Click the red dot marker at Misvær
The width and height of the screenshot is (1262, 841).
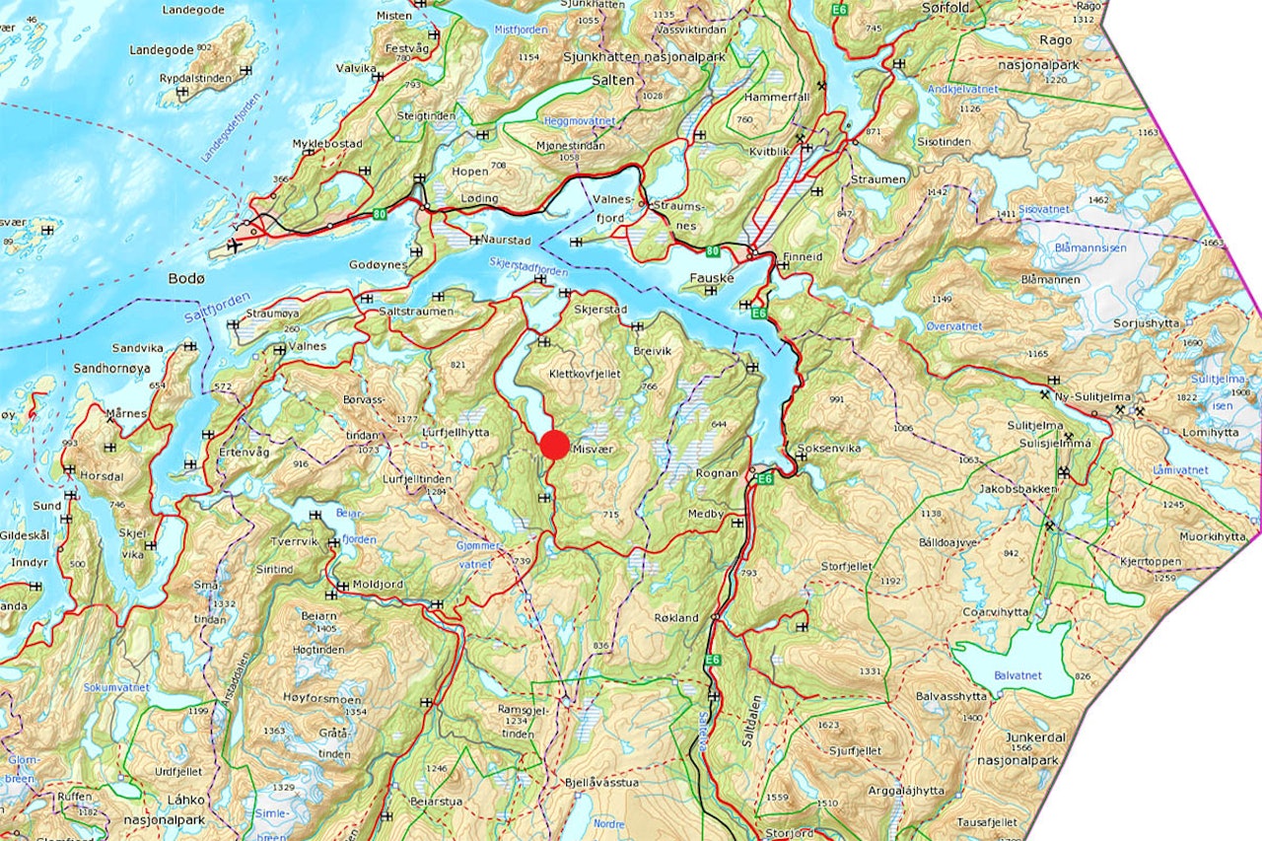(x=555, y=445)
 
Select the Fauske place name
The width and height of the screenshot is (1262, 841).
(x=712, y=278)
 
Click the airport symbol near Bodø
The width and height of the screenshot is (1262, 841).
(x=234, y=245)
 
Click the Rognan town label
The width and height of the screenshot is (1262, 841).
(x=717, y=473)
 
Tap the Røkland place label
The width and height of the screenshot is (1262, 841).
(x=675, y=618)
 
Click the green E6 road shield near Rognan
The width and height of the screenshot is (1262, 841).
(x=765, y=478)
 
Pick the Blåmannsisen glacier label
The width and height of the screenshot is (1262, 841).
(x=1089, y=248)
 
